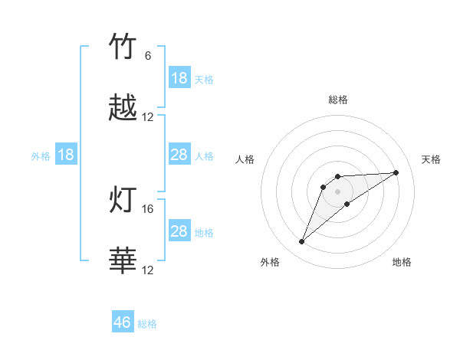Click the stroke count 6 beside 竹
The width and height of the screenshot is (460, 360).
click(148, 56)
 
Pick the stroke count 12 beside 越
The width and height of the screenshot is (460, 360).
click(148, 117)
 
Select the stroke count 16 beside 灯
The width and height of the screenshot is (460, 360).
click(148, 208)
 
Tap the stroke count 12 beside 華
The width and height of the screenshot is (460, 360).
click(148, 270)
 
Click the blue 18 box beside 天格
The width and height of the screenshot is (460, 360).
click(179, 78)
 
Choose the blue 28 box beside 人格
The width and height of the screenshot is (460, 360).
click(179, 155)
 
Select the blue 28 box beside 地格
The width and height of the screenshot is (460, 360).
click(179, 231)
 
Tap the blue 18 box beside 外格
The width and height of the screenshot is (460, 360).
click(66, 155)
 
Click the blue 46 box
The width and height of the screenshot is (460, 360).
click(123, 322)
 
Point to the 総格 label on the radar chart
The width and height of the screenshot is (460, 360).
click(338, 100)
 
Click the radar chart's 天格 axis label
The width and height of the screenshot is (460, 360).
click(432, 159)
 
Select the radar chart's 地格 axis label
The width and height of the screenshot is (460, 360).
click(402, 262)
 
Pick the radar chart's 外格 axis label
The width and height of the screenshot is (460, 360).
click(270, 262)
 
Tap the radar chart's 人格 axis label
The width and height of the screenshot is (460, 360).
click(245, 159)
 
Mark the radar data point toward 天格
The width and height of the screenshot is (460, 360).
click(396, 172)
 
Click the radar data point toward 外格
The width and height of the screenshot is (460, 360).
click(302, 242)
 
